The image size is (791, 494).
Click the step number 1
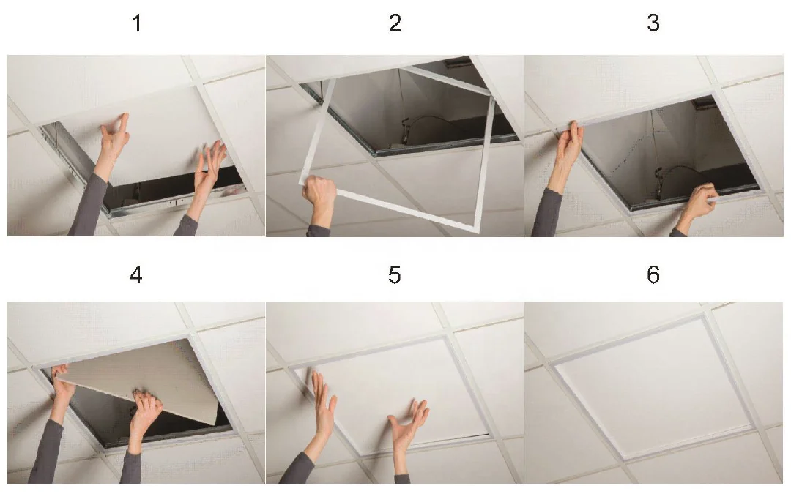[137, 23]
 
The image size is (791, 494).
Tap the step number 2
[395, 23]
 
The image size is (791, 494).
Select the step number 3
[653, 23]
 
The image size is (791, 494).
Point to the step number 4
[136, 274]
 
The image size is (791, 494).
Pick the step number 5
[395, 275]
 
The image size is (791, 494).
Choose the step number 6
[653, 274]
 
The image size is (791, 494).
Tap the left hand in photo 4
[62, 388]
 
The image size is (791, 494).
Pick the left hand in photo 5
[324, 403]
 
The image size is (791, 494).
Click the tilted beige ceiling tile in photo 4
[146, 375]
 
